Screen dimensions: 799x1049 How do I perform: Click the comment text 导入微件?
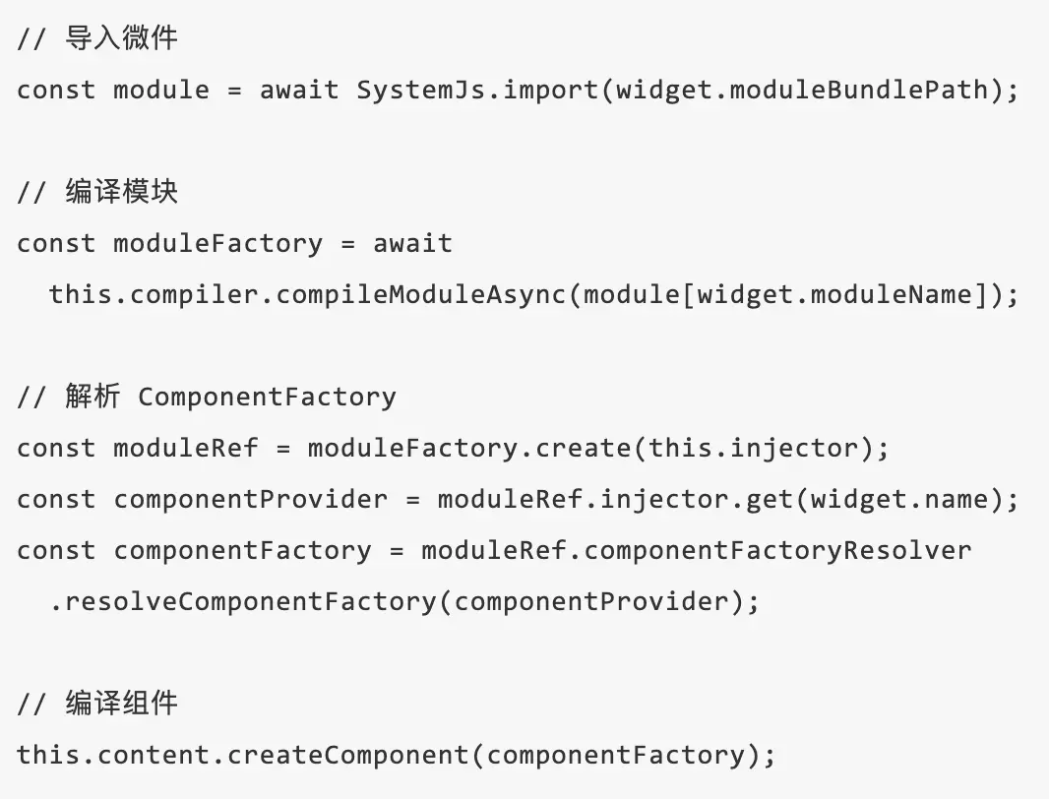122,38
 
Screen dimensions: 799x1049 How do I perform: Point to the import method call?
551,90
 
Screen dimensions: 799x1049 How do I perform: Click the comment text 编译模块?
122,192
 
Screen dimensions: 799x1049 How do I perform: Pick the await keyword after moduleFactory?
413,243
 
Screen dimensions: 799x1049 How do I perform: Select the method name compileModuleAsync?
421,294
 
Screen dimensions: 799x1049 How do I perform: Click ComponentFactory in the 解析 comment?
268,397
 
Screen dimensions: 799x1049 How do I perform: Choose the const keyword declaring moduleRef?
56,448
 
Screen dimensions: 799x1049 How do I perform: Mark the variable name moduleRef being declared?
186,448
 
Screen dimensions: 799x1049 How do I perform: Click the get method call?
770,499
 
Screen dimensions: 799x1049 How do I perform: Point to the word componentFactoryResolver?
777,550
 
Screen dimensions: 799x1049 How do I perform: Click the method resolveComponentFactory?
251,601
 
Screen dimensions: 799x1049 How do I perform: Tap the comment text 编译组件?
122,704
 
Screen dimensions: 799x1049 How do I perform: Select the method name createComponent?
348,755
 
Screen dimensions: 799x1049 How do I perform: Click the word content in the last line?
154,755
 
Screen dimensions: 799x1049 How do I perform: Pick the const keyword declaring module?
56,90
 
